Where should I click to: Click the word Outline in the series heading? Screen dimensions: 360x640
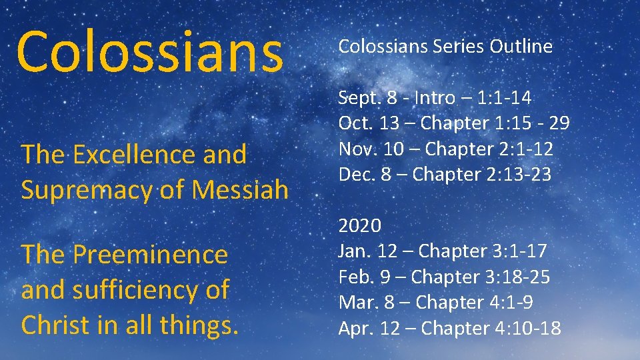coord(521,46)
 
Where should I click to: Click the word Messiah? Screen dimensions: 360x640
coord(239,190)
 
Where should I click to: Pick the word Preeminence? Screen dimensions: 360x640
coord(150,254)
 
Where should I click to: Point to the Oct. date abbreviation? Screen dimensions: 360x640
coord(353,124)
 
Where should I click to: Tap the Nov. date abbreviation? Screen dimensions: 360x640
coord(355,149)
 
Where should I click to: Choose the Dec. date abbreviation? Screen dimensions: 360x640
coord(353,175)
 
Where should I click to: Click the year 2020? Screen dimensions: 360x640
coord(360,225)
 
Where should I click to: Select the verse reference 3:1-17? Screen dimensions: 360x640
coord(519,251)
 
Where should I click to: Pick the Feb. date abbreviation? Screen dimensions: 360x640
coord(353,277)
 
